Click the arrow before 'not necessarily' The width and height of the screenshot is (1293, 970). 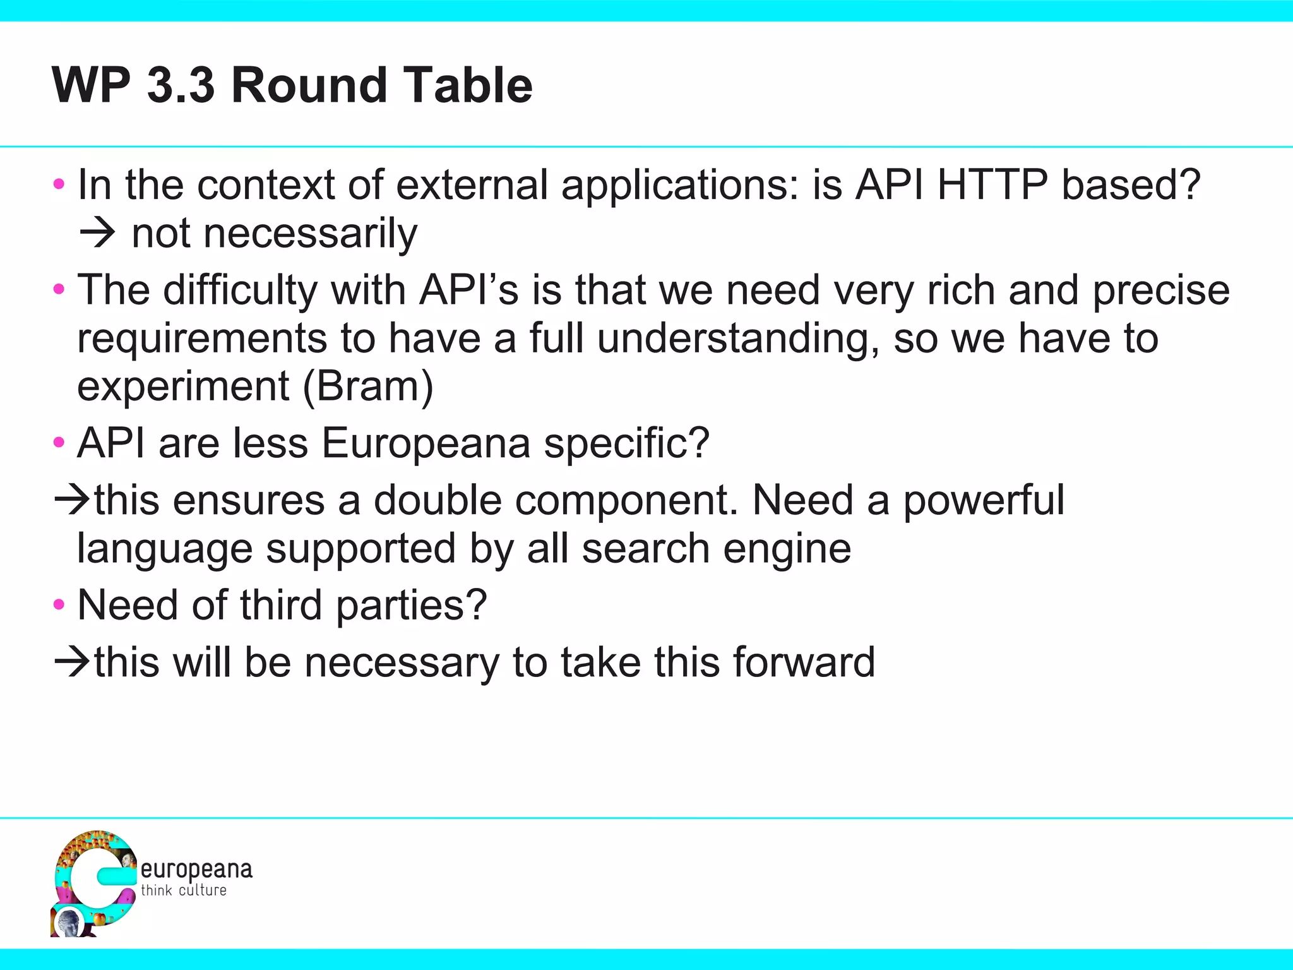[x=97, y=234]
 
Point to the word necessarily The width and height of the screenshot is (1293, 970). [x=274, y=234]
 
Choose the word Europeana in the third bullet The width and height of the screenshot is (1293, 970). [x=426, y=443]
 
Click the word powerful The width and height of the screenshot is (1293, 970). [x=984, y=500]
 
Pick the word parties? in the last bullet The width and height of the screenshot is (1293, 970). [x=411, y=605]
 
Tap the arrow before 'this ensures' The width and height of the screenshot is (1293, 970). [x=72, y=500]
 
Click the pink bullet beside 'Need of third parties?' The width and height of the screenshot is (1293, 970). [x=59, y=605]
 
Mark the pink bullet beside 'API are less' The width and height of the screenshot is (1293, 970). [x=59, y=442]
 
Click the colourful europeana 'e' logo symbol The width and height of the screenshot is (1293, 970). [x=93, y=883]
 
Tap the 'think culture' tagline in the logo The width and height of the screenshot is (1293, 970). [x=184, y=890]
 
